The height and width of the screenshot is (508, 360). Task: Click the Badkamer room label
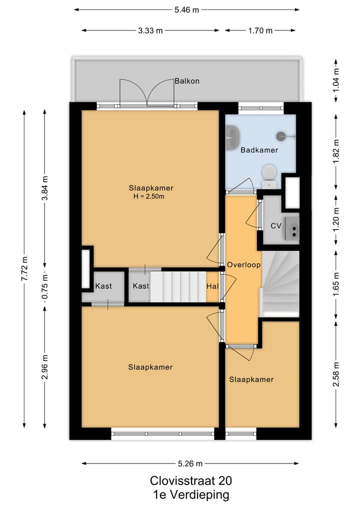[259, 150]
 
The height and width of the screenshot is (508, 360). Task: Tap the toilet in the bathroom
[269, 176]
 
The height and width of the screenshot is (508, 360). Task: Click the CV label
[276, 225]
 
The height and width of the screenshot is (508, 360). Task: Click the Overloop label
[243, 265]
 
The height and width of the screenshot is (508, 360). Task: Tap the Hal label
[212, 286]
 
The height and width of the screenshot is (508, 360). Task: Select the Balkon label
[187, 81]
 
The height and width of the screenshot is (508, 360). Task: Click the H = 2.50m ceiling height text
[149, 196]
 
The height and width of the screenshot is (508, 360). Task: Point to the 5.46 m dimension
[187, 10]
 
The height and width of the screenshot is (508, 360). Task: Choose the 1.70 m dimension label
[260, 31]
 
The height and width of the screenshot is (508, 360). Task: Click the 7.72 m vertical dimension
[24, 269]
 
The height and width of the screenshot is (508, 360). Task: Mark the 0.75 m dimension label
[45, 287]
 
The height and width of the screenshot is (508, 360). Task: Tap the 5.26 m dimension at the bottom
[190, 464]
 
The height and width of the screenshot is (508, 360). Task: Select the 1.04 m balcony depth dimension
[336, 80]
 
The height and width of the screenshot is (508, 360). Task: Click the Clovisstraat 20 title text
[190, 481]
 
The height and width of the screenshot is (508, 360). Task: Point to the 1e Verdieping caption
[191, 495]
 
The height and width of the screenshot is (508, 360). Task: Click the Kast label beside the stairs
[141, 286]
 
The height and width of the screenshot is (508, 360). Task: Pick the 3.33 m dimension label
[150, 31]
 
